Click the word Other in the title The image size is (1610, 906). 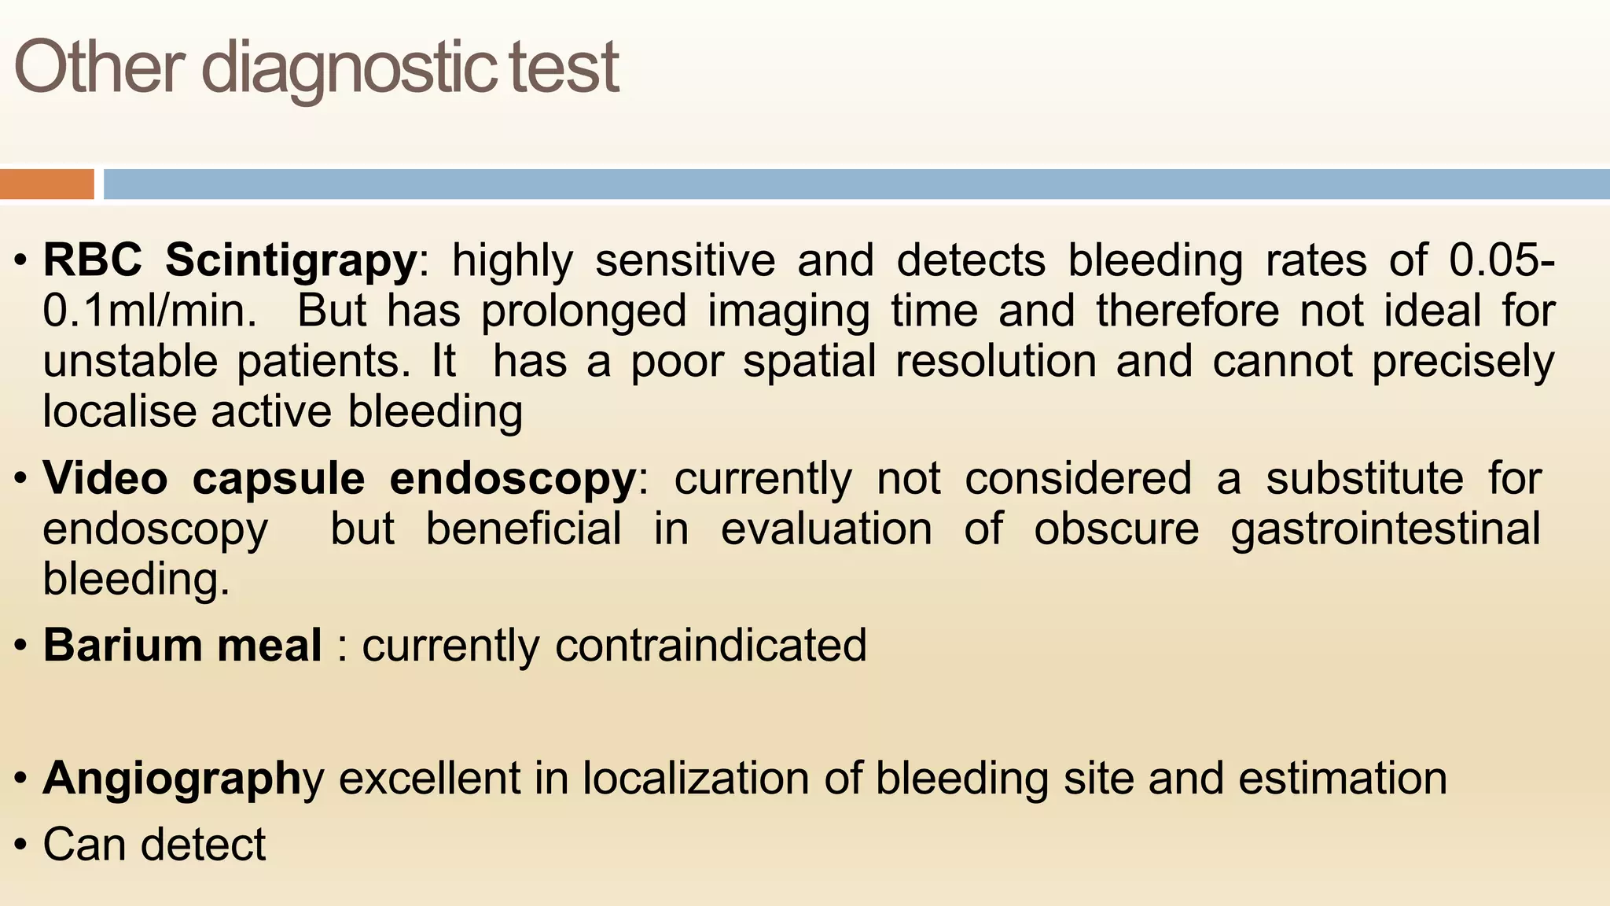[99, 68]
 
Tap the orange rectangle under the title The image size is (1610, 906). [46, 184]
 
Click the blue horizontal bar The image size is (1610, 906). [856, 184]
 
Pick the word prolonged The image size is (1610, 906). [584, 311]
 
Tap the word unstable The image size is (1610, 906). [130, 361]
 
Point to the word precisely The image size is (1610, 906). [1463, 363]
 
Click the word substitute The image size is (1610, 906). [1365, 478]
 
